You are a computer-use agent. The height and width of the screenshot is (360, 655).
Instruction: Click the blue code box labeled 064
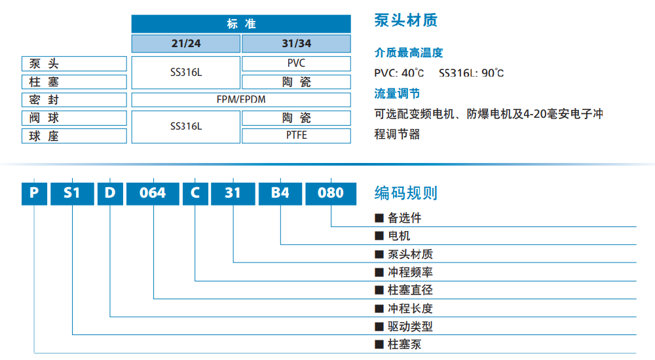153,193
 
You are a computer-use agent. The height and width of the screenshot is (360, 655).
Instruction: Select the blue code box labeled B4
280,193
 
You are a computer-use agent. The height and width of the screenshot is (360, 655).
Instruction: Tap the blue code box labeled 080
331,193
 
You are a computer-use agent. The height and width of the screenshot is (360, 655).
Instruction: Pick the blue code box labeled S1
71,193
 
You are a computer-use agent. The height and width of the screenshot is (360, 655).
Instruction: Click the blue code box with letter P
34,193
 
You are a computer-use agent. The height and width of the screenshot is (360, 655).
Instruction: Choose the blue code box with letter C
195,193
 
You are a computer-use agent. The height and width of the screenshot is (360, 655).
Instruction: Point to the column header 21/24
185,44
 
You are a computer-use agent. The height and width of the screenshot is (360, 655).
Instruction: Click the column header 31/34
297,44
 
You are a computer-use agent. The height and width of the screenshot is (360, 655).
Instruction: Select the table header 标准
241,24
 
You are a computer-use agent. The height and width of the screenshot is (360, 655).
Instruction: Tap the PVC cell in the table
297,63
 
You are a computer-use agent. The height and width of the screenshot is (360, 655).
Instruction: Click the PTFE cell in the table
297,135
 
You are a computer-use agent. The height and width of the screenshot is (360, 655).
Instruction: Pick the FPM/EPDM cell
241,99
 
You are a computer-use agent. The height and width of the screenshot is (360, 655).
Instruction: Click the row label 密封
74,99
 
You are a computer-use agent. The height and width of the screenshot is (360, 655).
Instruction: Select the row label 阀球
74,118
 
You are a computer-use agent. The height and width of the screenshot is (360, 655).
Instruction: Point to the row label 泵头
74,63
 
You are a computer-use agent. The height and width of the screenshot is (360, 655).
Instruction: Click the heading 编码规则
405,193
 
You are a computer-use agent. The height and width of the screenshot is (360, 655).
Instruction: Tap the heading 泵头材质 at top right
405,20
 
